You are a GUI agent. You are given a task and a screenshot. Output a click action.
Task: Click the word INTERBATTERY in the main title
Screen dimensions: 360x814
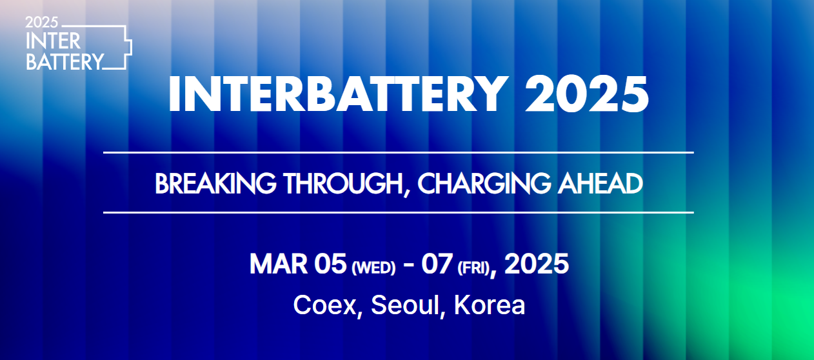334,94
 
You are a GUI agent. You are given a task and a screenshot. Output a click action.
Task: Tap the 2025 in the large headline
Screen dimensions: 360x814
586,94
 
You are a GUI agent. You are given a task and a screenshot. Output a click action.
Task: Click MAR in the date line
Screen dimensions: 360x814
278,265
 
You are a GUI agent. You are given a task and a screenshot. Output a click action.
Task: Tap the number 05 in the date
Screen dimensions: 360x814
330,265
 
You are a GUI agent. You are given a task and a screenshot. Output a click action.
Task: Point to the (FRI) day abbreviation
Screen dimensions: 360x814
473,268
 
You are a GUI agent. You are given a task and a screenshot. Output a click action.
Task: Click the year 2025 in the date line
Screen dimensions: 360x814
537,265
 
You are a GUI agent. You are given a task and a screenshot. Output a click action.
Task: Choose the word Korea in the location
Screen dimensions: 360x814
490,305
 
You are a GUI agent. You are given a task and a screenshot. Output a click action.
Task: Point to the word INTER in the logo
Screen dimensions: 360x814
54,41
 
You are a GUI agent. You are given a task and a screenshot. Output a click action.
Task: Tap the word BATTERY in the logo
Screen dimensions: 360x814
65,61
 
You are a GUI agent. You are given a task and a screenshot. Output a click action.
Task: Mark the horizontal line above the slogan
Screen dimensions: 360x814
398,152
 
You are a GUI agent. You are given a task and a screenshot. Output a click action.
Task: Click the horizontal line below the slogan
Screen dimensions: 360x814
398,212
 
